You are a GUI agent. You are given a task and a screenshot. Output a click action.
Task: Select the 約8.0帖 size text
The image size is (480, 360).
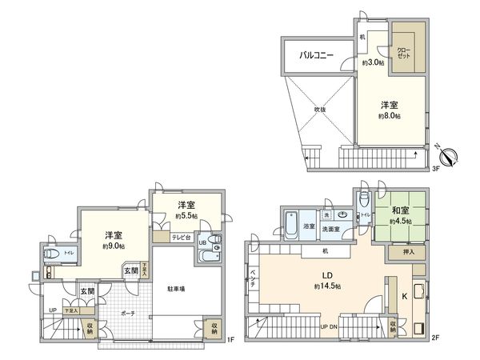pyautogui.click(x=390, y=116)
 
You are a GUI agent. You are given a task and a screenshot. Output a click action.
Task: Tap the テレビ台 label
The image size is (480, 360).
pyautogui.click(x=181, y=238)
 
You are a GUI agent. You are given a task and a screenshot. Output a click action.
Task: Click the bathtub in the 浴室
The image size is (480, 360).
pyautogui.click(x=290, y=221)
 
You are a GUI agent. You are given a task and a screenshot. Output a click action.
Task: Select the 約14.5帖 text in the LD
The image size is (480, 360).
pyautogui.click(x=328, y=286)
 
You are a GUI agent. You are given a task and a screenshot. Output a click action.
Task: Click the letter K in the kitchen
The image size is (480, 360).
pyautogui.click(x=403, y=295)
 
